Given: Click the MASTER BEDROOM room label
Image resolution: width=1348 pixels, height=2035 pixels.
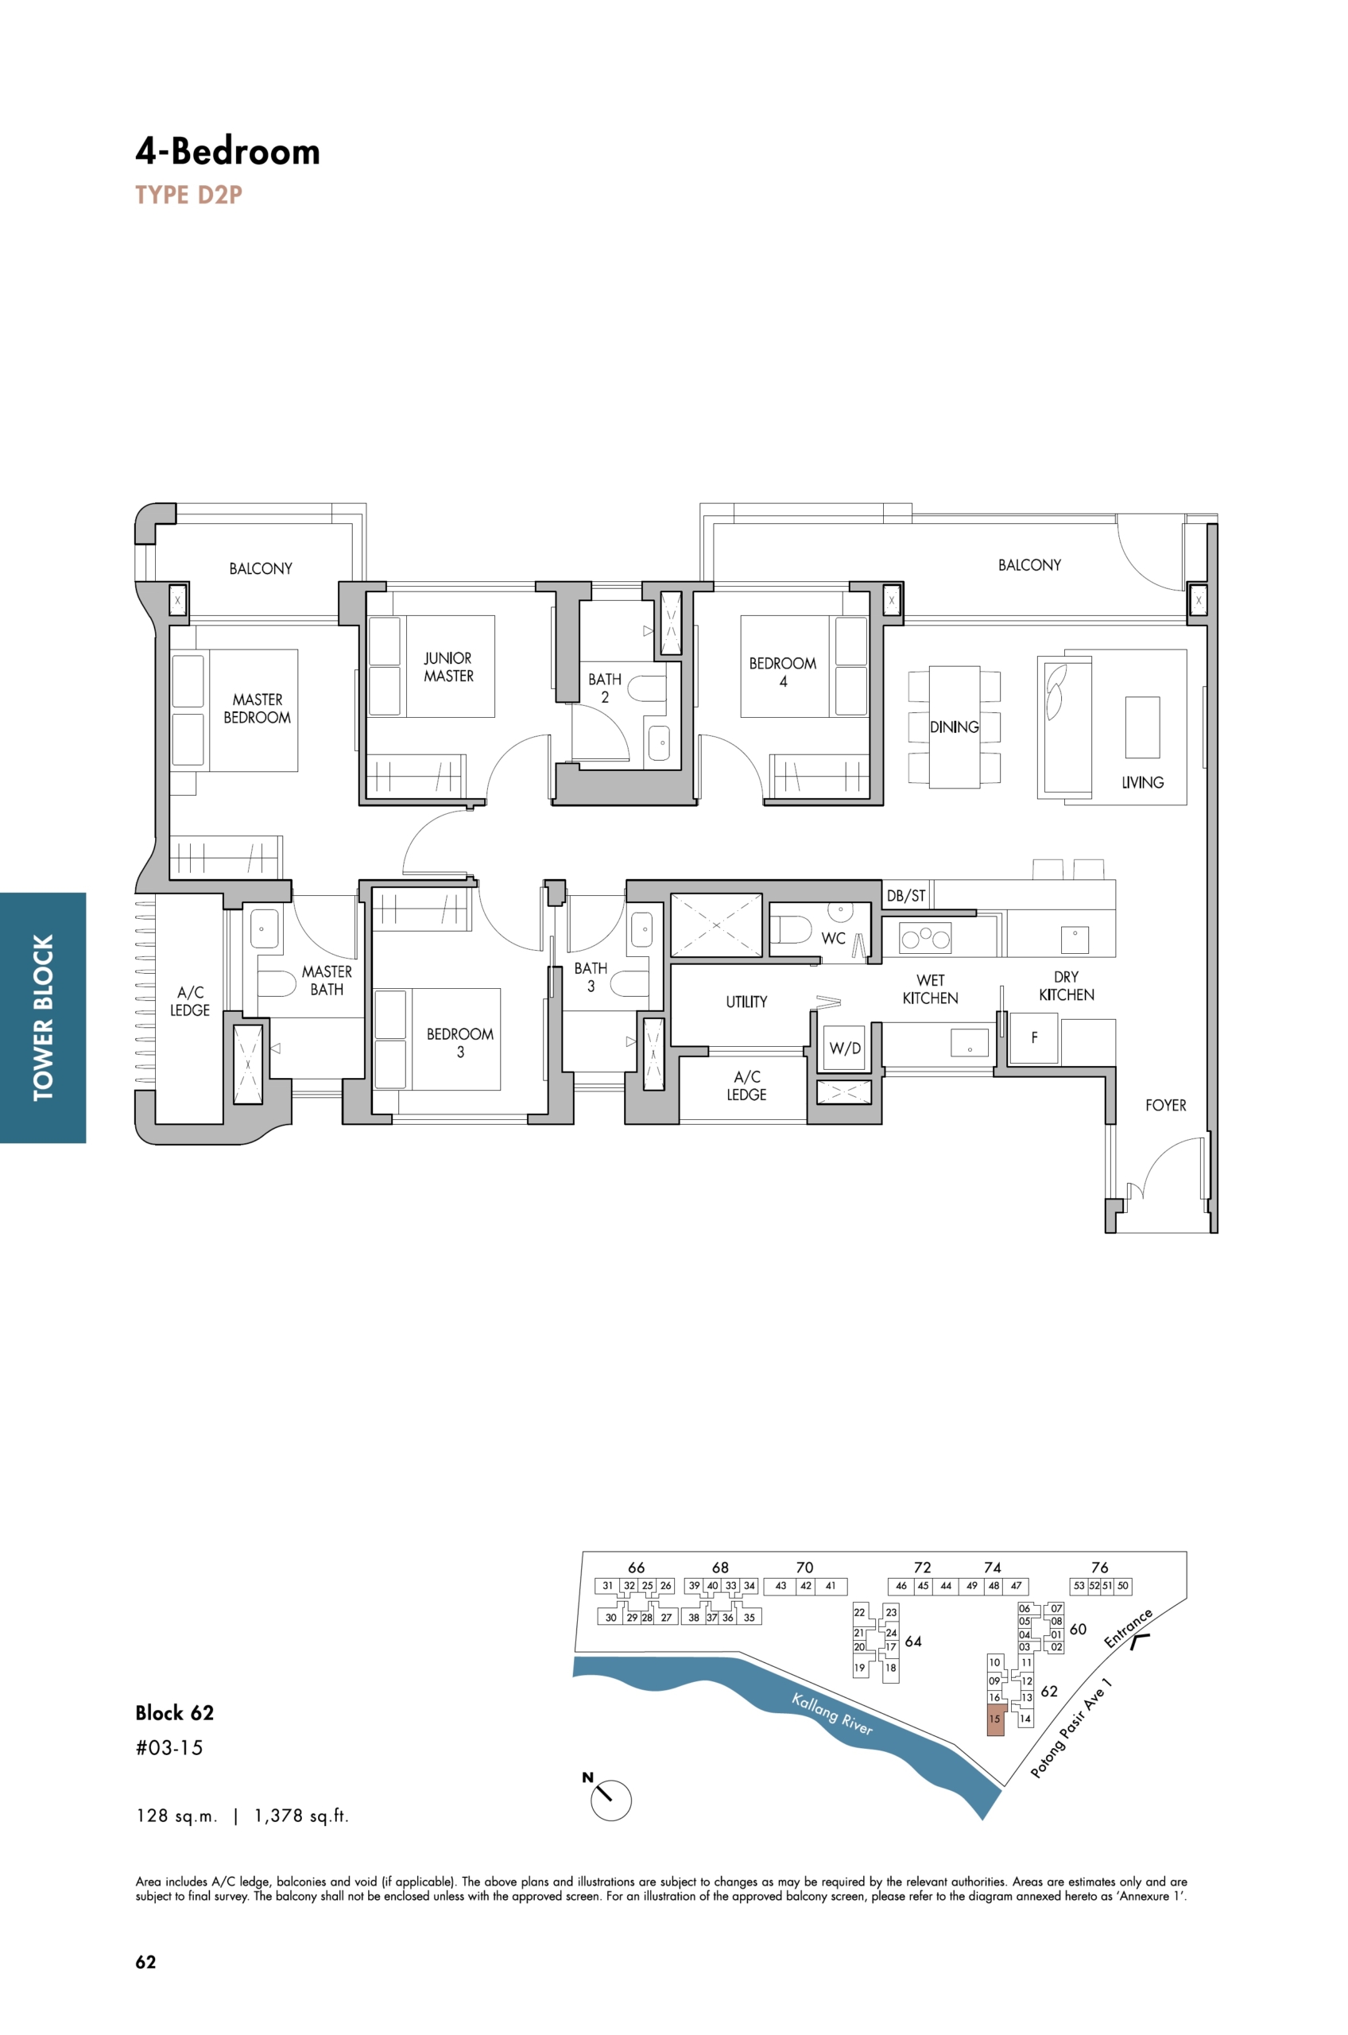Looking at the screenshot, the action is click(x=257, y=708).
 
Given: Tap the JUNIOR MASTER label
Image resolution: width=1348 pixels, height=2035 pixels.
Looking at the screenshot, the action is click(x=448, y=667).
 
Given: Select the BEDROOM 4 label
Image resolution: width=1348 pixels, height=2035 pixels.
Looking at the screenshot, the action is click(x=782, y=673).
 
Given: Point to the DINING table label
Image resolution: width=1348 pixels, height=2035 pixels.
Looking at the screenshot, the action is click(x=955, y=727).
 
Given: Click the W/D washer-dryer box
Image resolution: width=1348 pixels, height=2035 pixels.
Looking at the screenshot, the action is click(x=844, y=1048).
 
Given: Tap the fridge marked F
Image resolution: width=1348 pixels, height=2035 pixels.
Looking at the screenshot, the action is click(x=1033, y=1038).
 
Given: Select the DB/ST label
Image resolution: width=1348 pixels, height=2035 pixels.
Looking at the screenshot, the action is click(x=906, y=896).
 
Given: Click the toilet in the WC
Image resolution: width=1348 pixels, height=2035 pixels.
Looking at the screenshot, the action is click(x=792, y=928).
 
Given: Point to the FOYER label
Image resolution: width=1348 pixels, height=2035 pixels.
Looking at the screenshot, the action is click(x=1165, y=1106).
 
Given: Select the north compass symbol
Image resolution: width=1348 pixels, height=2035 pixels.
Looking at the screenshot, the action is click(x=610, y=1797).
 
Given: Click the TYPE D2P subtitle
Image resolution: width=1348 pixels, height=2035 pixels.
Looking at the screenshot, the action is click(x=188, y=196).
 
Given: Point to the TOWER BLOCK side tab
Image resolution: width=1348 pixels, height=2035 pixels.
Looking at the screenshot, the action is click(x=43, y=1018).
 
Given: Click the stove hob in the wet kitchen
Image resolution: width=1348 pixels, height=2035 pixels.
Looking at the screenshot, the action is click(x=925, y=938).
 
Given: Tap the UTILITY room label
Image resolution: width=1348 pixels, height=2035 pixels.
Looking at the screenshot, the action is click(x=746, y=1002).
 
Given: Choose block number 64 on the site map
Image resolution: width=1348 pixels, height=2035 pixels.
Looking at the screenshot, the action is click(x=913, y=1642).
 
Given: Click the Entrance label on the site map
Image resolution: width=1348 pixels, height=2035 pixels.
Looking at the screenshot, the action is click(x=1127, y=1628).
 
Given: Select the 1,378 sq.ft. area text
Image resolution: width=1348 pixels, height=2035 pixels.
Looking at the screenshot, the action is click(x=301, y=1816).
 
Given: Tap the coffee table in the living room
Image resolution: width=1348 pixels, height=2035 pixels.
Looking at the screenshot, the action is click(x=1141, y=727).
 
